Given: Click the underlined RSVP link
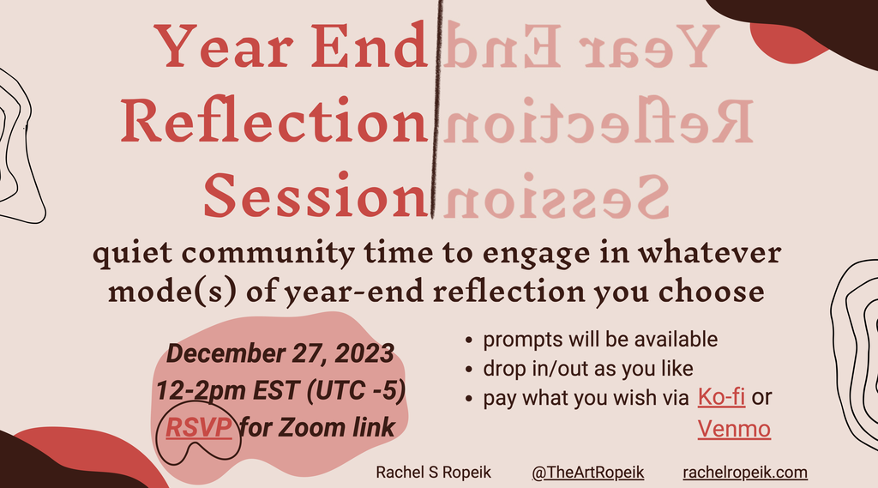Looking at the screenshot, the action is point(199,428).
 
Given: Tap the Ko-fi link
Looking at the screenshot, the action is point(721,397).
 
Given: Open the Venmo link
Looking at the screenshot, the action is point(734,429).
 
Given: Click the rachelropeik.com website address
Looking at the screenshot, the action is point(745,473).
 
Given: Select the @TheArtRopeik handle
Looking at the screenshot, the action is point(588,473).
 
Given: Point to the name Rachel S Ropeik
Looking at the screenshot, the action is point(433,473).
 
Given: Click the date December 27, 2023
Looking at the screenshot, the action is point(280,353).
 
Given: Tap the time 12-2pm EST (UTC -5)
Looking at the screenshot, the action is point(280,390).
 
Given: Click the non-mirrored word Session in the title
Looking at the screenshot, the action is point(316,196).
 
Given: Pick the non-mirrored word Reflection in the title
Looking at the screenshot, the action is point(274,120).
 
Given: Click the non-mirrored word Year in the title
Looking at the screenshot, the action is point(224,45).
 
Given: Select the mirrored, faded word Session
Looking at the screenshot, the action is point(556,196).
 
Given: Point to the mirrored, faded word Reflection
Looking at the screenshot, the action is point(598,120).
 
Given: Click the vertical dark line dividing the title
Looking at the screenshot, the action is point(436,109).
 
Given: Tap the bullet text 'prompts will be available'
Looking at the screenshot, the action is point(600,339).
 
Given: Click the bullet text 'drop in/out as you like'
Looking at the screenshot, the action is point(588,369).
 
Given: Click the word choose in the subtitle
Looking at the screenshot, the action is point(711,292).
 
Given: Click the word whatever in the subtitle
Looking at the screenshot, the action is point(709,253).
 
